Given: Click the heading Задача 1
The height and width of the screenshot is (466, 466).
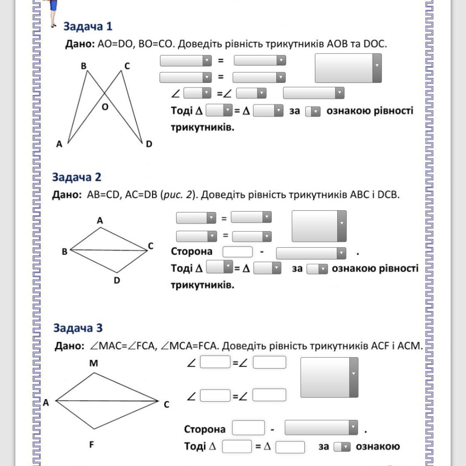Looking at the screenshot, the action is (88, 26).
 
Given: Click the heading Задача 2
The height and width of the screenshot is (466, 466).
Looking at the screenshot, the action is (77, 177).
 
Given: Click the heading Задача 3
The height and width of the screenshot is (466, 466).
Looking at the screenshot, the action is (78, 328).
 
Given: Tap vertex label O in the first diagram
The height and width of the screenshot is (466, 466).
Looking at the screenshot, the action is (105, 107).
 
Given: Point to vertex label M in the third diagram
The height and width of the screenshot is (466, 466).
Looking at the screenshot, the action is (94, 363).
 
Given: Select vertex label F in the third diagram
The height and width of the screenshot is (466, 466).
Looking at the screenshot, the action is (92, 444).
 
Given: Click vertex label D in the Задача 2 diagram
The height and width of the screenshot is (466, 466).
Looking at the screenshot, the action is (117, 280).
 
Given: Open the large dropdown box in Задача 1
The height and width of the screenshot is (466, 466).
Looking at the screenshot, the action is (348, 68).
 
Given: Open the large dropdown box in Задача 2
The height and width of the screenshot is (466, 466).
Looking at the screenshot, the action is (319, 226).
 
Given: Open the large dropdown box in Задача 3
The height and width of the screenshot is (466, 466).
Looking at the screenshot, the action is (329, 378).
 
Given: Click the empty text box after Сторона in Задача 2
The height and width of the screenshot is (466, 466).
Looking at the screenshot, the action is (238, 252).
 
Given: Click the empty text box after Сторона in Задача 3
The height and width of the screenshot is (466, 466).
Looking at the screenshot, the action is (248, 428).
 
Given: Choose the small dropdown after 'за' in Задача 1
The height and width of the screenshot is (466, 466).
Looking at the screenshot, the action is (313, 112).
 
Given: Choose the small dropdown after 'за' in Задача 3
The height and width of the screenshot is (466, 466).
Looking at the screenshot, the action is (342, 446).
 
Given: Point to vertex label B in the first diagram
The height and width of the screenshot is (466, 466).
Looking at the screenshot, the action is (83, 66).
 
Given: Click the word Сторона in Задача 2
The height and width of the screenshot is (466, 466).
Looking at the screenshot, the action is (191, 251).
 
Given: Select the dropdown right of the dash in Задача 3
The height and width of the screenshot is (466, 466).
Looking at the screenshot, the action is (321, 427).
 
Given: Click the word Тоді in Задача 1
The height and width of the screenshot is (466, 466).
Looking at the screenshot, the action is (182, 110).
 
